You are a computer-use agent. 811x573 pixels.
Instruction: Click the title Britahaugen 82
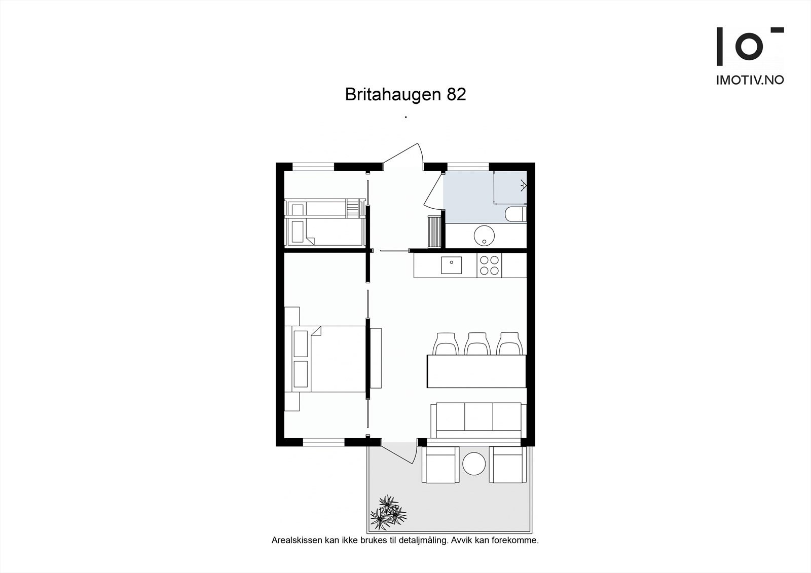pos(405,95)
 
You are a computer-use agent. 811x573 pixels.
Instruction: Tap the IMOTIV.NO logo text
pos(750,80)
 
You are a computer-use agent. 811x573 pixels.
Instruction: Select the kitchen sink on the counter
pos(451,265)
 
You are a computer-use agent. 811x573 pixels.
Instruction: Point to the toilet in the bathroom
pos(516,214)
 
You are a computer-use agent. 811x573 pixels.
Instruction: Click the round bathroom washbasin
pos(484,235)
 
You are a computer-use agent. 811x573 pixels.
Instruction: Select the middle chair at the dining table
pos(477,343)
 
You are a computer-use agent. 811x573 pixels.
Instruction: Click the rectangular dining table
pos(476,371)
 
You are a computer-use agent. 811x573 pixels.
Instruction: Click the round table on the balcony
pos(474,464)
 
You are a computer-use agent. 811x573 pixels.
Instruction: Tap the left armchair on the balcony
pos(441,465)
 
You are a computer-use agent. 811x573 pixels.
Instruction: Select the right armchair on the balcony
pos(508,465)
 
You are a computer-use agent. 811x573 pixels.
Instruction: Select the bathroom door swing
pos(434,193)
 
